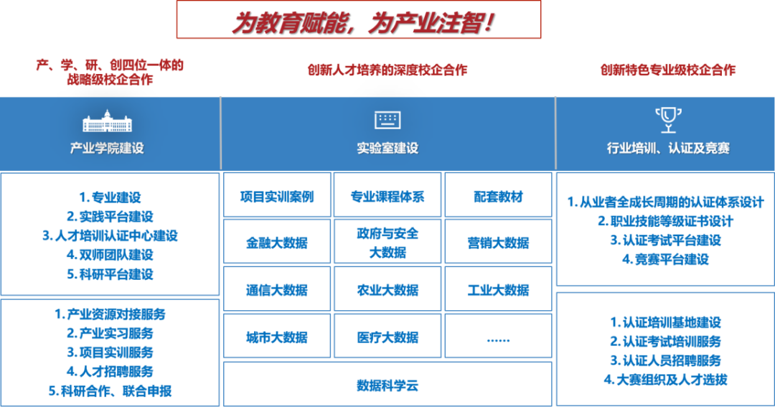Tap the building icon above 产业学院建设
(108, 121)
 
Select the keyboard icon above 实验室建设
(387, 120)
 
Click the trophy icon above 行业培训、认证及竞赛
(667, 119)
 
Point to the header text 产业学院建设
(107, 149)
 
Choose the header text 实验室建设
(387, 149)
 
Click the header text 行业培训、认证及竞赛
(668, 149)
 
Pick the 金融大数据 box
(277, 242)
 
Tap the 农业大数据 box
(387, 290)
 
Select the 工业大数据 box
(498, 290)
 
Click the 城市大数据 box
(277, 337)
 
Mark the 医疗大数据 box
(387, 337)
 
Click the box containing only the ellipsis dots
(498, 337)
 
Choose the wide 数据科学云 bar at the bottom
(387, 385)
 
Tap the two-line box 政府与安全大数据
(387, 242)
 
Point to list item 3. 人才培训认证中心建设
(110, 235)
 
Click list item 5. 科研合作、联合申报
(110, 391)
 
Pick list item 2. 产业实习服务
(110, 333)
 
